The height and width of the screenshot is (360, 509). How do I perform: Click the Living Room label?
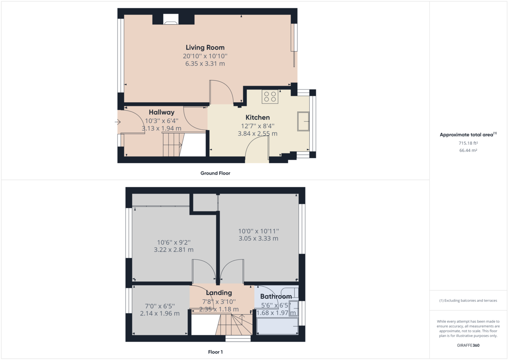pyautogui.click(x=205, y=47)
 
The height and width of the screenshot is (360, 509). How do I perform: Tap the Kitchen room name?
pyautogui.click(x=257, y=117)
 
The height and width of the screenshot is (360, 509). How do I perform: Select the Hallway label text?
pyautogui.click(x=162, y=112)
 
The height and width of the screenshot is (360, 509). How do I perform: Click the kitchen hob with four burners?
pyautogui.click(x=270, y=97)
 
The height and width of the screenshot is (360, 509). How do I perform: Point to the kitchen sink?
pyautogui.click(x=303, y=121)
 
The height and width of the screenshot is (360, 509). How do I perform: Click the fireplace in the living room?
pyautogui.click(x=171, y=19)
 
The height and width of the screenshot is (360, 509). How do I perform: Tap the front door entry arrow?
pyautogui.click(x=117, y=123)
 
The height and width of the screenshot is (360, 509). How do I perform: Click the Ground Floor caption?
pyautogui.click(x=215, y=173)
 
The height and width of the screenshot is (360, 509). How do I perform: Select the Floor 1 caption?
pyautogui.click(x=215, y=352)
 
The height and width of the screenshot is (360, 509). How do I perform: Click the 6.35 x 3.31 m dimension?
pyautogui.click(x=205, y=64)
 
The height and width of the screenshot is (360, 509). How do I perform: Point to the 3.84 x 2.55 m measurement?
pyautogui.click(x=257, y=134)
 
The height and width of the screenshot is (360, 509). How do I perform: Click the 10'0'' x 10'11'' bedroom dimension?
pyautogui.click(x=258, y=231)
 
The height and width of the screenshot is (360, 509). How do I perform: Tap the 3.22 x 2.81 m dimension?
pyautogui.click(x=173, y=250)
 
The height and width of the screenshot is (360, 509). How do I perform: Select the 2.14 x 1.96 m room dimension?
pyautogui.click(x=159, y=313)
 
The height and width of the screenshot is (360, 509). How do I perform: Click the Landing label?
pyautogui.click(x=219, y=293)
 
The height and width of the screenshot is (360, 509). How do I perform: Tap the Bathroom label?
pyautogui.click(x=276, y=296)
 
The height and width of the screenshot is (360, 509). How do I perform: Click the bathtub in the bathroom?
pyautogui.click(x=277, y=327)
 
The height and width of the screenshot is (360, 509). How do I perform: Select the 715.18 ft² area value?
pyautogui.click(x=468, y=143)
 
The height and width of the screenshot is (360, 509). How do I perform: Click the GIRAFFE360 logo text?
pyautogui.click(x=468, y=345)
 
